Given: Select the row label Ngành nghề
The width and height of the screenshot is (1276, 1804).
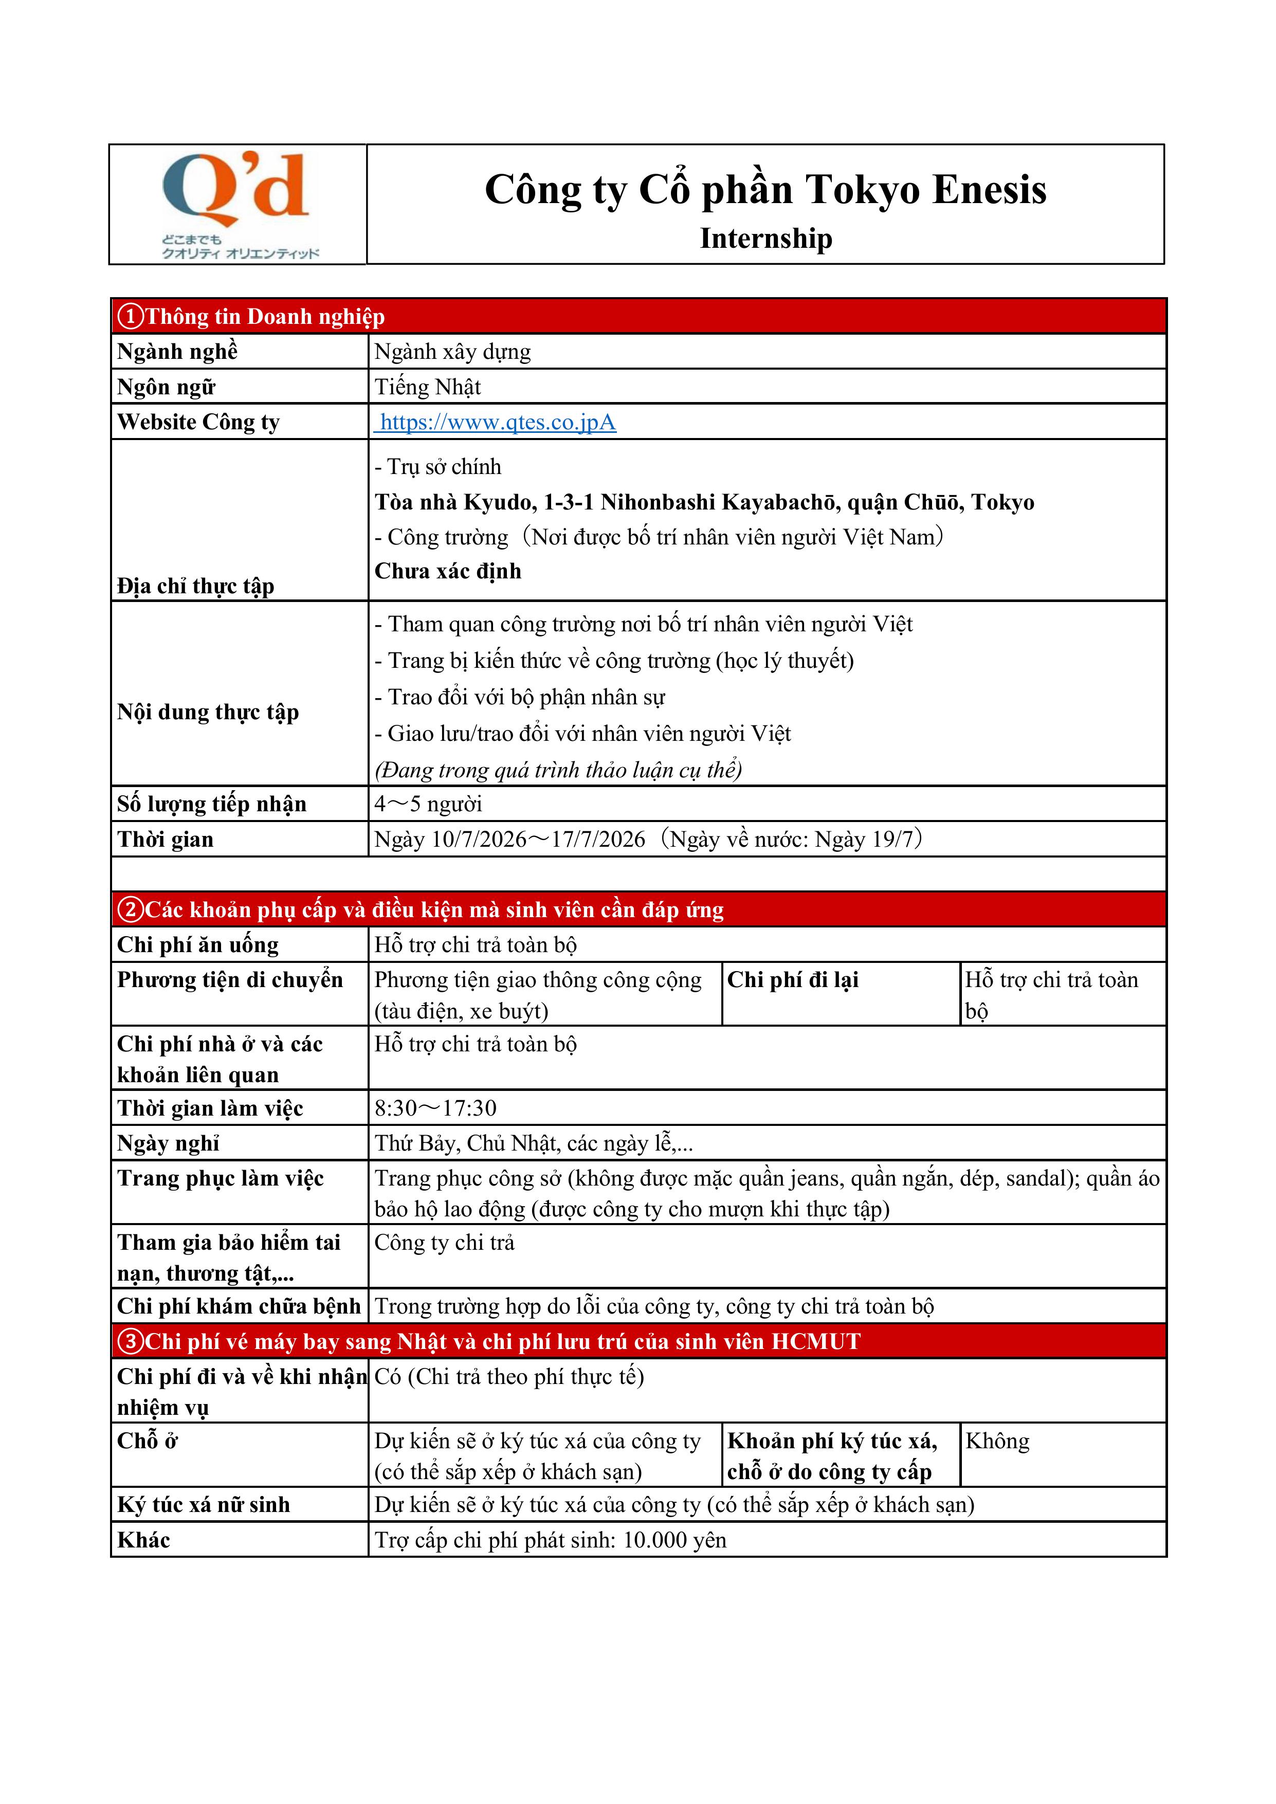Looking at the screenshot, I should [177, 352].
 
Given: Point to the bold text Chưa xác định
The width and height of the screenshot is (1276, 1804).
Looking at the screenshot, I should [448, 571].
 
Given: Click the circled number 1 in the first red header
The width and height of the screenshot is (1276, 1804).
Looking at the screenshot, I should [131, 317].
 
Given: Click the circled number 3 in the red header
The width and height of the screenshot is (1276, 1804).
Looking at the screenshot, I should [131, 1341].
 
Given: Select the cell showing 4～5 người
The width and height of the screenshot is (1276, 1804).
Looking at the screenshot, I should [428, 804].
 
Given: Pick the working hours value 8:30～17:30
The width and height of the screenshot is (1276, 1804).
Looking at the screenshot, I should [435, 1108].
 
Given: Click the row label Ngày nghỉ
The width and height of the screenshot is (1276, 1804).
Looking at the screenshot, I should [168, 1143].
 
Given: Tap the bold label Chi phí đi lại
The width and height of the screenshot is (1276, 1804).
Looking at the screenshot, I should [792, 980].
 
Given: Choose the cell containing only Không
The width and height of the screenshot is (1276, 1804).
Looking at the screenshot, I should [997, 1441].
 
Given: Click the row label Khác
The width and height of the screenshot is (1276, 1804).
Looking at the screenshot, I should [144, 1540].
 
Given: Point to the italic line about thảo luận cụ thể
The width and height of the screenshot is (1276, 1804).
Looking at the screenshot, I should [558, 770].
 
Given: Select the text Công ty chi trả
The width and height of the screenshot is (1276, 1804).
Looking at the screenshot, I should [444, 1243].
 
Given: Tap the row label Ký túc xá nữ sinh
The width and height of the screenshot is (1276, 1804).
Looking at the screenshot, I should [204, 1505].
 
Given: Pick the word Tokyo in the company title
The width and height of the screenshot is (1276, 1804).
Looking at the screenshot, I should [862, 190].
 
